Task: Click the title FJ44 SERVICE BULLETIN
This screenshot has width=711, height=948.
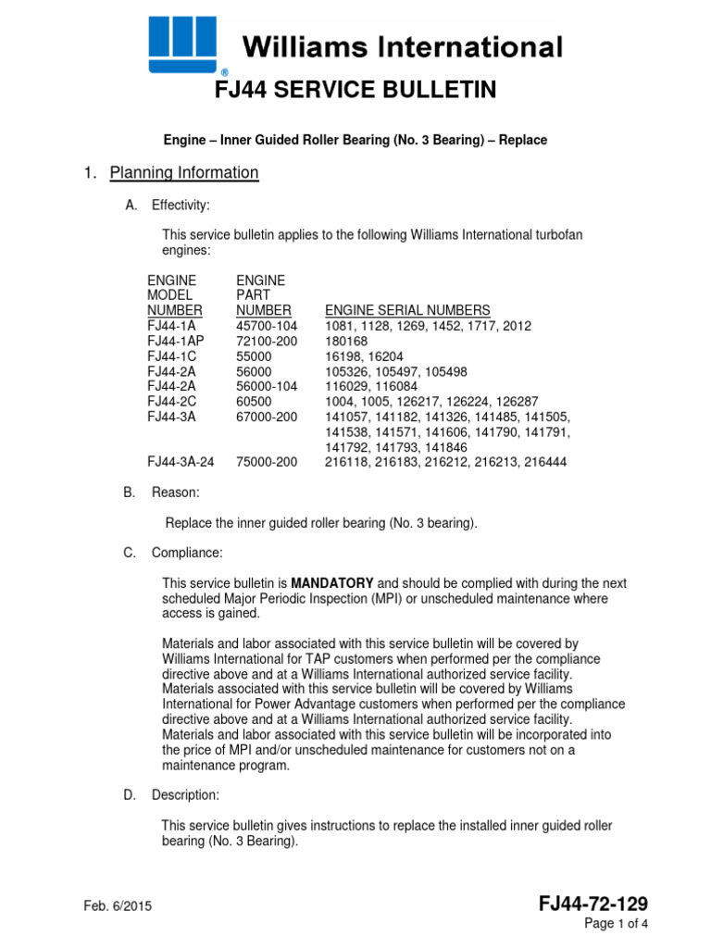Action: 355,90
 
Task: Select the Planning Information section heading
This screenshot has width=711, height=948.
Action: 184,173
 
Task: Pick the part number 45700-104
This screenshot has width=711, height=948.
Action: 268,327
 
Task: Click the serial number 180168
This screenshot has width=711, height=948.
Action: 346,342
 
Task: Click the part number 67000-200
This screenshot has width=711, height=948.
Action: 268,417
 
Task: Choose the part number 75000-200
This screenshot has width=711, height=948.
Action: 268,462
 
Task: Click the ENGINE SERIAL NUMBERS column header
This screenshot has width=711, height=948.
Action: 407,310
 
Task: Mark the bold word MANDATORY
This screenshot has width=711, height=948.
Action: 332,583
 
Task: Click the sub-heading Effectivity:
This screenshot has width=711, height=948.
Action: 181,205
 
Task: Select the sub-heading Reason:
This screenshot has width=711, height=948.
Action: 176,493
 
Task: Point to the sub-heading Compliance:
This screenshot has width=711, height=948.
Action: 187,553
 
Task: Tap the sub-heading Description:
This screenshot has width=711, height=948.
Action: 186,795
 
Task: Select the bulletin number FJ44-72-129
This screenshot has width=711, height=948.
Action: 593,904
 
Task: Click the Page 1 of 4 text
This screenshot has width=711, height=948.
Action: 616,924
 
